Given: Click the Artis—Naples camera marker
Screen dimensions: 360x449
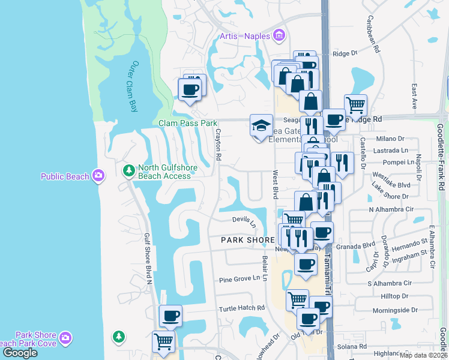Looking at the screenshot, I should click(x=278, y=37).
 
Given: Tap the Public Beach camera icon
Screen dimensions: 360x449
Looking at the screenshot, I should click(x=98, y=176).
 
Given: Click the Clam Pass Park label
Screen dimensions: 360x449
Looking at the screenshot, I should click(x=187, y=123).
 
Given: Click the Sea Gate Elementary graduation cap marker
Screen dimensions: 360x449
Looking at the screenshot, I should click(x=261, y=126).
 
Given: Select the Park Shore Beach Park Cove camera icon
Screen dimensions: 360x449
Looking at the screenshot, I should click(x=65, y=339).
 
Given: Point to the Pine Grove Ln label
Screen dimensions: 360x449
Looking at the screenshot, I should click(x=243, y=278).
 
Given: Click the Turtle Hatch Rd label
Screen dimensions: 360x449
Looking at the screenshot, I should click(x=242, y=308).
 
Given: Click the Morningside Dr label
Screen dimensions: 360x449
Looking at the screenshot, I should click(x=395, y=310).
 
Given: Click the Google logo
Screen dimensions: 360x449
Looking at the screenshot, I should click(x=20, y=353).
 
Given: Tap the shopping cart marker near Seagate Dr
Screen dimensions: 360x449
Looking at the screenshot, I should click(x=355, y=106).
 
